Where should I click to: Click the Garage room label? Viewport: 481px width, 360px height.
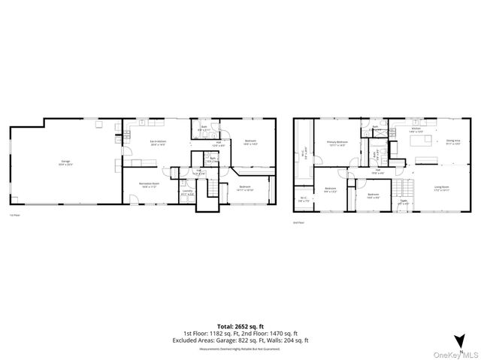coord(65,162)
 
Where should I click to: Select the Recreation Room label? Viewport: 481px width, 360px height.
coord(150,185)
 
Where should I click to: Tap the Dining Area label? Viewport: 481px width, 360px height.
coord(452,141)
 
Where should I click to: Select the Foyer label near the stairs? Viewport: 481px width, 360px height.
coord(404,201)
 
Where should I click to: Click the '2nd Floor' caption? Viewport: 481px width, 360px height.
coord(299,222)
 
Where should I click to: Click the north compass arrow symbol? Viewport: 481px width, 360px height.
coord(458,339)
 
